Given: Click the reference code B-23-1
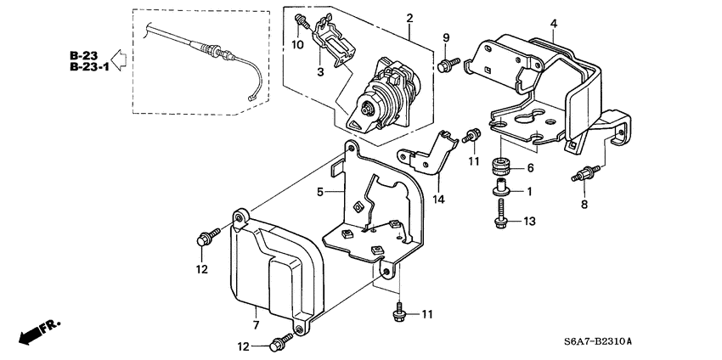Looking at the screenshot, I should tap(88, 67).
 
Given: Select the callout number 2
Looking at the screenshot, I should tap(409, 18).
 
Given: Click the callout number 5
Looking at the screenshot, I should tap(319, 193).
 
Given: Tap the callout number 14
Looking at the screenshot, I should tap(439, 200).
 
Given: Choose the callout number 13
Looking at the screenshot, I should tap(529, 222).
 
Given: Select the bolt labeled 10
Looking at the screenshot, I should tap(301, 20).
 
